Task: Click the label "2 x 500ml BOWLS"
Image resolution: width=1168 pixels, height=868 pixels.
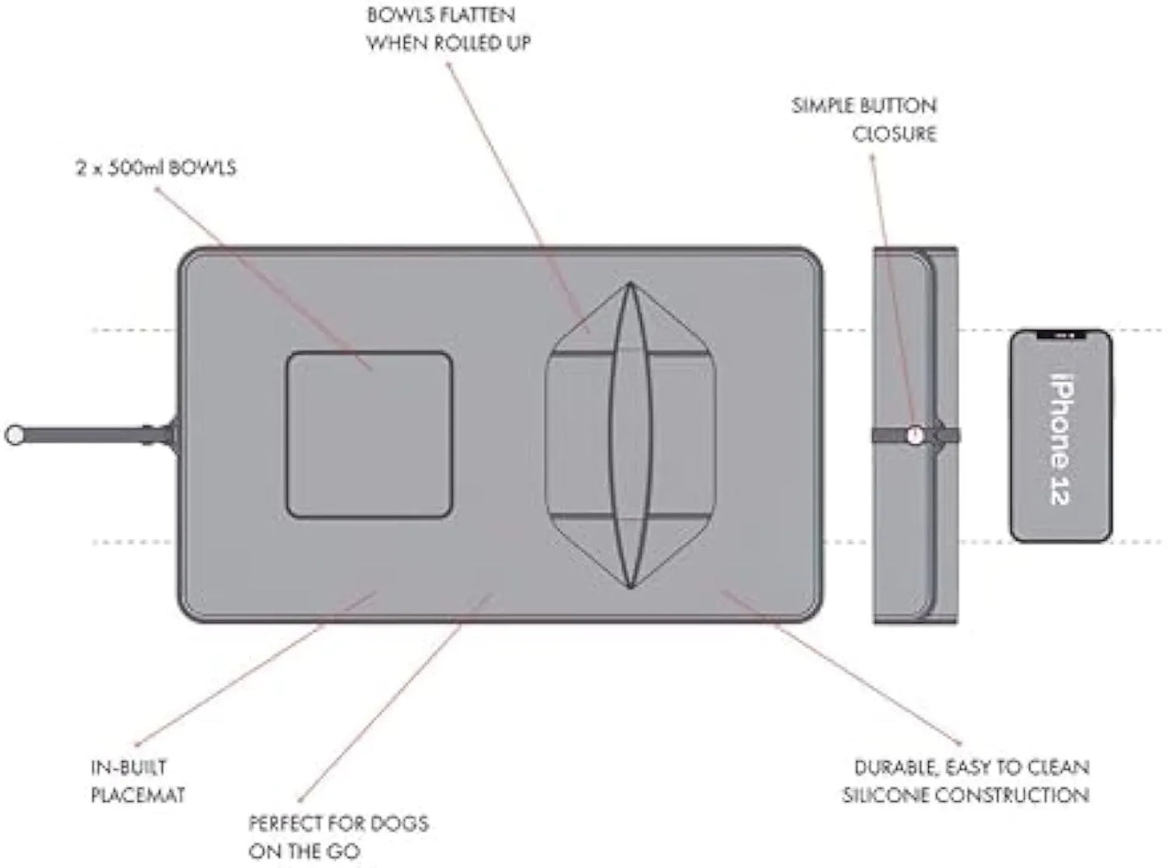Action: tap(156, 168)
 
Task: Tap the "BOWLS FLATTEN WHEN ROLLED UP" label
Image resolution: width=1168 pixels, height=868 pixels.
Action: tap(449, 29)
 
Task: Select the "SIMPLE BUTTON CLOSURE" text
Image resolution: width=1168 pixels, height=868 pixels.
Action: tap(864, 119)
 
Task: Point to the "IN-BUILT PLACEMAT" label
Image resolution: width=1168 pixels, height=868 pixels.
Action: tap(137, 781)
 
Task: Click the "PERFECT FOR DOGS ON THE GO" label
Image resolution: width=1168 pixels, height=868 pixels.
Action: tap(338, 837)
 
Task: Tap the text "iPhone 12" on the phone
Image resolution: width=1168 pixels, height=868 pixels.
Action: tap(1060, 438)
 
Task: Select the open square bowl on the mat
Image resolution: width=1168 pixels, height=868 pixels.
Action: tap(369, 434)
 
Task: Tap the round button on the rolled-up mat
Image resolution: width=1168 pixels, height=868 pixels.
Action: tap(915, 434)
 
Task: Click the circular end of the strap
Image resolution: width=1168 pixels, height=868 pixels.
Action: tap(15, 434)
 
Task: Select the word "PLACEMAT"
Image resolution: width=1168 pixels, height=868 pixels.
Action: tap(137, 795)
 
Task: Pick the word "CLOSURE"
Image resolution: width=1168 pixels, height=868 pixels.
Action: tap(894, 133)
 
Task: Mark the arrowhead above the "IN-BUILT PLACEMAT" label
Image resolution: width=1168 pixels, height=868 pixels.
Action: tap(137, 743)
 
